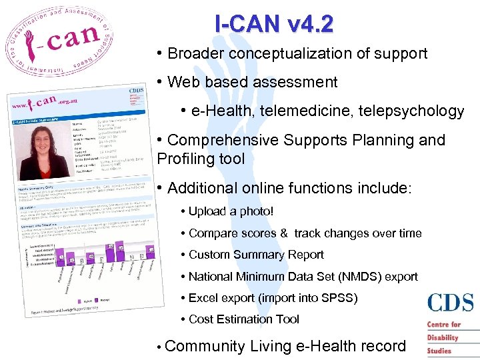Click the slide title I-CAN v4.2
pyautogui.click(x=273, y=24)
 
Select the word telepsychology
pyautogui.click(x=416, y=111)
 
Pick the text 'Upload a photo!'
pyautogui.click(x=231, y=211)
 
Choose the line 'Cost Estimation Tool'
pyautogui.click(x=244, y=319)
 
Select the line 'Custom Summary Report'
pyautogui.click(x=256, y=255)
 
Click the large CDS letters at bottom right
pyautogui.click(x=451, y=303)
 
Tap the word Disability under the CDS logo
pyautogui.click(x=443, y=338)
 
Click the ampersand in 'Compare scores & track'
pyautogui.click(x=284, y=233)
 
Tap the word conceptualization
pyautogui.click(x=293, y=53)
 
